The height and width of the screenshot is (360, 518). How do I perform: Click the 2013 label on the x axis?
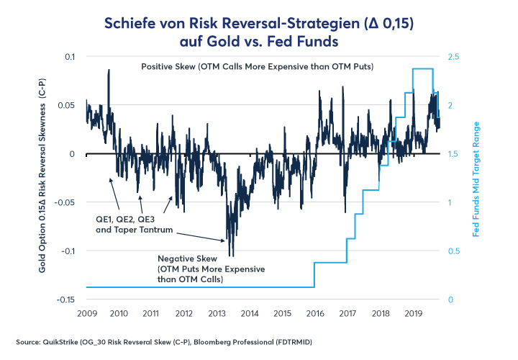(217, 314)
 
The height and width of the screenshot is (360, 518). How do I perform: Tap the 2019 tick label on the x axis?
(414, 314)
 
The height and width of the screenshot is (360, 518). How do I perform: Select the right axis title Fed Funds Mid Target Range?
(476, 178)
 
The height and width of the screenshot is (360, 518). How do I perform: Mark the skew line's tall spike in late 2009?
(109, 71)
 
